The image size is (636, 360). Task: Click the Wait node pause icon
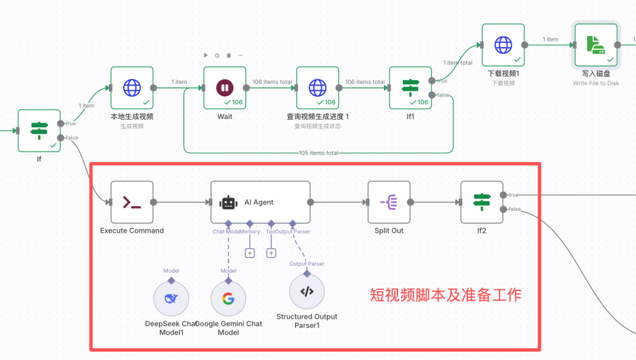click(x=224, y=88)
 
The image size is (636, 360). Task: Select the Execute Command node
click(x=132, y=203)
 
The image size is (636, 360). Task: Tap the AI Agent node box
click(x=260, y=202)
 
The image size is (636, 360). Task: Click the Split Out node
click(x=389, y=203)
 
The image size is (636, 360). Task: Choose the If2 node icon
click(x=482, y=203)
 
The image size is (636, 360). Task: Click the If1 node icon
click(x=410, y=88)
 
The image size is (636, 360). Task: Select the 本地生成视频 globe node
click(x=132, y=88)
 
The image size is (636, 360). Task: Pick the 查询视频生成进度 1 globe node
click(x=317, y=88)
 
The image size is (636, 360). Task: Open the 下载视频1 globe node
click(x=503, y=45)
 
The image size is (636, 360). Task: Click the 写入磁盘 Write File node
click(x=596, y=45)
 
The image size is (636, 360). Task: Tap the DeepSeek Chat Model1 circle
click(x=171, y=299)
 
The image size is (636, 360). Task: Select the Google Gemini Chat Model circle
click(x=228, y=299)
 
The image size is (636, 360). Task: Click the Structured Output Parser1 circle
click(x=307, y=291)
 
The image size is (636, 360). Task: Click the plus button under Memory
click(x=250, y=253)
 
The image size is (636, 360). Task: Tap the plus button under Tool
click(x=271, y=253)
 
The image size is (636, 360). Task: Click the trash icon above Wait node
click(x=228, y=55)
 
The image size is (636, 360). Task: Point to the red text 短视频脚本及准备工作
click(x=445, y=295)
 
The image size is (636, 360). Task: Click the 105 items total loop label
click(x=319, y=153)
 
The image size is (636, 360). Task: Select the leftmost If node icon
click(x=39, y=130)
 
